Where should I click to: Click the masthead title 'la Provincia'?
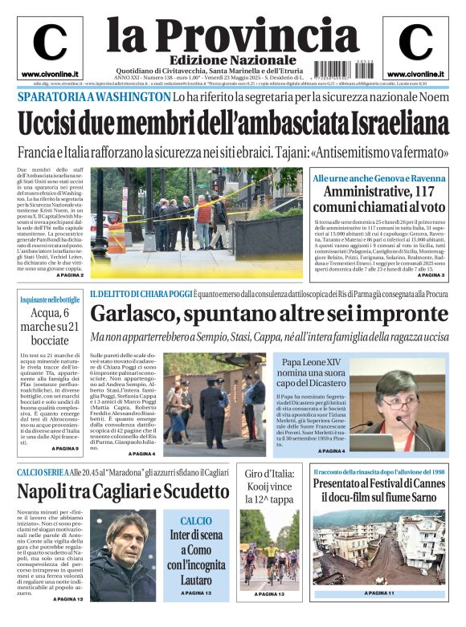coord(221,33)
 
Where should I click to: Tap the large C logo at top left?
coord(49,42)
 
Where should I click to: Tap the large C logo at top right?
coord(415,42)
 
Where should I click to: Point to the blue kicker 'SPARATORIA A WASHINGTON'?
coord(93,97)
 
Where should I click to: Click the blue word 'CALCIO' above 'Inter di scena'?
coord(196,520)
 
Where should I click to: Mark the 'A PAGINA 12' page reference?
coord(68,599)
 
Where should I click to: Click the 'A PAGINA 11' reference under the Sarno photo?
coord(378,592)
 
